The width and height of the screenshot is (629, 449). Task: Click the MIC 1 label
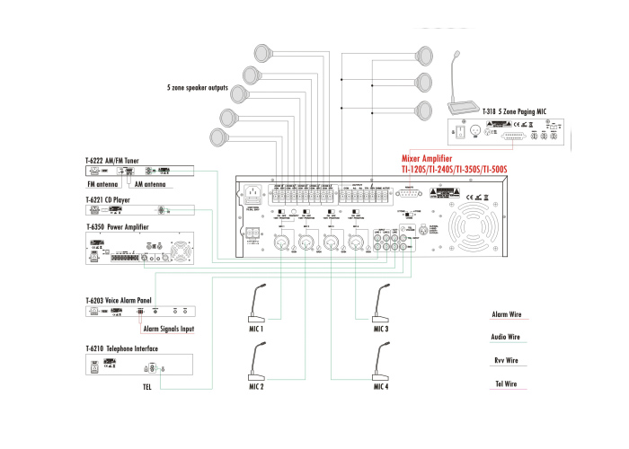[256, 330]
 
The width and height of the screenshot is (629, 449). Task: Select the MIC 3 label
[381, 330]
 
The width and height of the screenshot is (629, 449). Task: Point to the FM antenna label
[104, 185]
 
